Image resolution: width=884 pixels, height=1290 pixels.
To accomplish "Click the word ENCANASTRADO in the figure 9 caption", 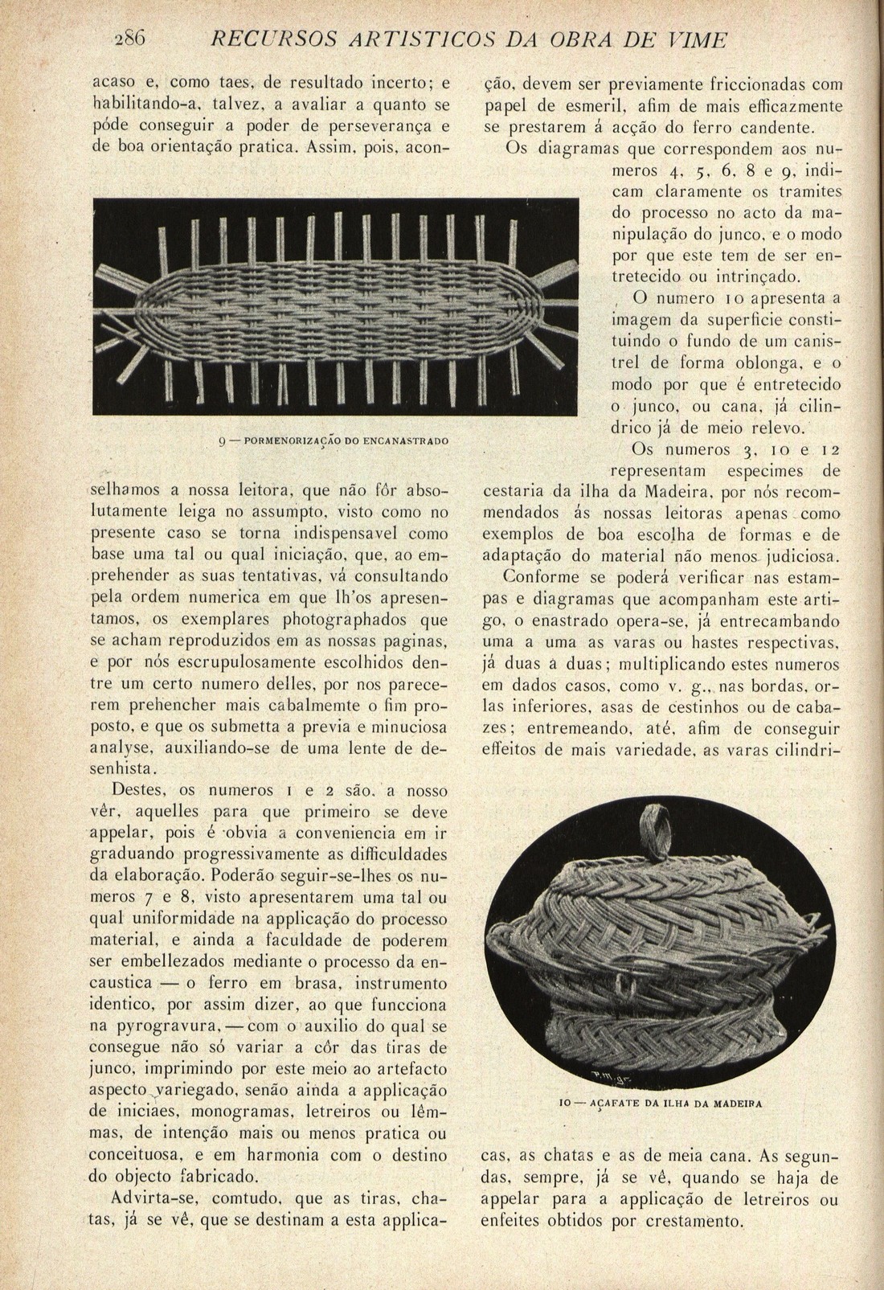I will (406, 441).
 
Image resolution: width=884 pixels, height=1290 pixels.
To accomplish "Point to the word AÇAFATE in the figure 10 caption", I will (615, 1104).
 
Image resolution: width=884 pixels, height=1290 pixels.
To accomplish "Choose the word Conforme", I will (536, 577).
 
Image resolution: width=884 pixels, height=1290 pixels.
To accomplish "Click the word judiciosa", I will (798, 555).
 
